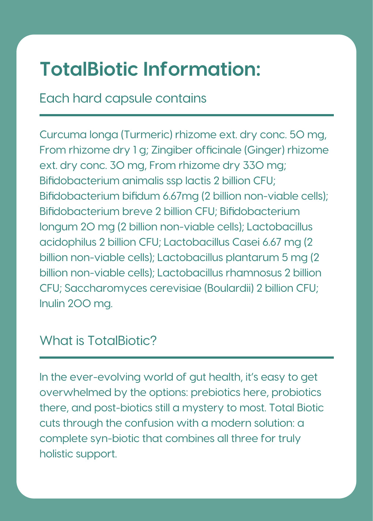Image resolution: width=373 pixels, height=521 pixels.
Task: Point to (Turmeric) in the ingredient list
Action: coord(146,135)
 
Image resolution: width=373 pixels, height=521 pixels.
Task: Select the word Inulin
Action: coord(52,304)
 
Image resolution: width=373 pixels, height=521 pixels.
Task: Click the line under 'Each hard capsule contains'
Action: coord(186,115)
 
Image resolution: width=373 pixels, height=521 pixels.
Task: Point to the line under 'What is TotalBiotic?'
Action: coord(186,358)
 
